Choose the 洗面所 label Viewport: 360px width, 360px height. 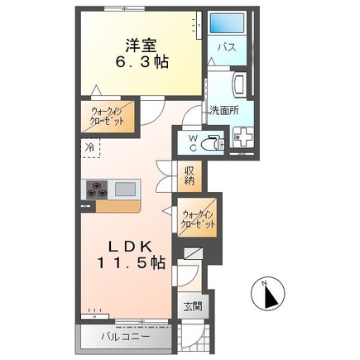pyautogui.click(x=223, y=109)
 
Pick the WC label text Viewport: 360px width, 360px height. pyautogui.click(x=191, y=143)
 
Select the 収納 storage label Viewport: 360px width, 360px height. pyautogui.click(x=190, y=175)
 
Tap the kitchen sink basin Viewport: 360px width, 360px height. pyautogui.click(x=126, y=189)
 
